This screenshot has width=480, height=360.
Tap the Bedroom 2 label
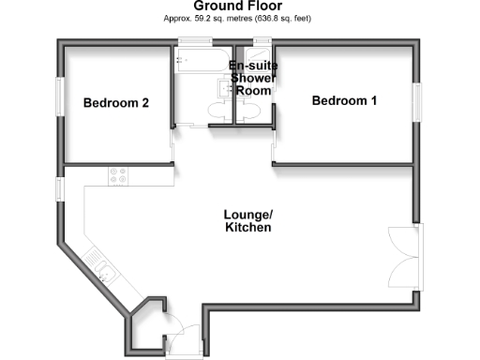pos(116,103)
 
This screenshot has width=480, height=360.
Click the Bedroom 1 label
pos(345,101)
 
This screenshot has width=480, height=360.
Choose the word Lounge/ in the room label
pos(247,214)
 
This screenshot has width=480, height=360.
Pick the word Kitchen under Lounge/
pos(247,228)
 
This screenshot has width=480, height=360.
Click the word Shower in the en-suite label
pos(251,79)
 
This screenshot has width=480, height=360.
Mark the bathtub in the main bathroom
pos(198,66)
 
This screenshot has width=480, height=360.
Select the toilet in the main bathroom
pos(217,112)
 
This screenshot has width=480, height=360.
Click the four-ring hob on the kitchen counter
pos(119,174)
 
